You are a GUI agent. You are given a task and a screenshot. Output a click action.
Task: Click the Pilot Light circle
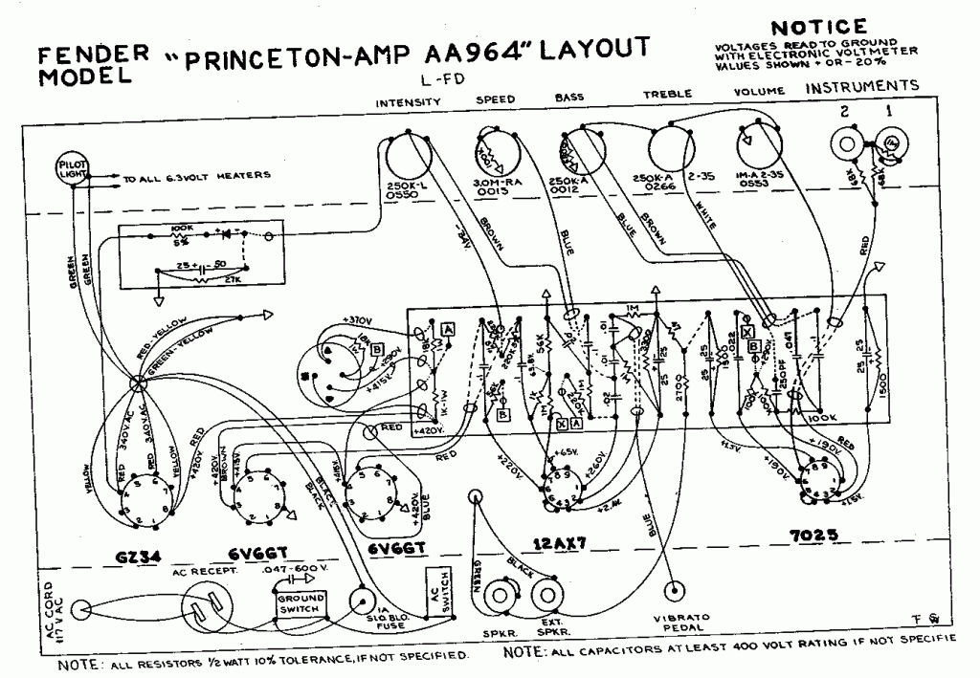click(73, 169)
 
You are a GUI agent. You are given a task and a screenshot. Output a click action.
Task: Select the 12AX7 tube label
click(558, 542)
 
